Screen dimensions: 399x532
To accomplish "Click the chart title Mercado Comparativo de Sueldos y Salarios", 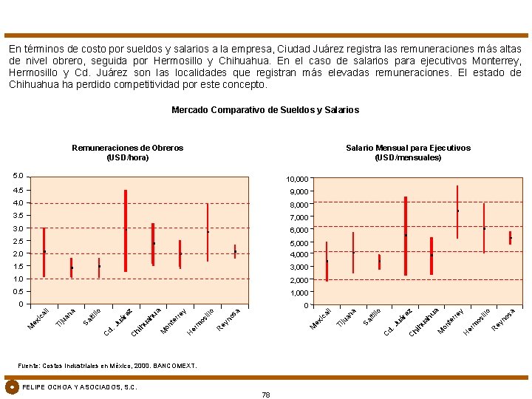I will [265, 110].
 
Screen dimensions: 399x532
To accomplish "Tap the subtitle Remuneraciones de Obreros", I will [128, 148].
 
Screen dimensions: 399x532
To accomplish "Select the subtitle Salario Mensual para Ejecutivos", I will [408, 148].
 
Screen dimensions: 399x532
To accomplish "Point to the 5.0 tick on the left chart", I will [18, 176].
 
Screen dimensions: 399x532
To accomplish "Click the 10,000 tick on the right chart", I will [298, 180].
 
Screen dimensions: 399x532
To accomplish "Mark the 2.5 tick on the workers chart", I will [18, 241].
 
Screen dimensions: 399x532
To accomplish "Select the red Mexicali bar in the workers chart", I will [44, 252].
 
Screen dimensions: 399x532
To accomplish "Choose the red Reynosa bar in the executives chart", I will [510, 238].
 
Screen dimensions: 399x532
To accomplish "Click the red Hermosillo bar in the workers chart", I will [208, 232].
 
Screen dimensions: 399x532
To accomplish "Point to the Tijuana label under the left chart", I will [65, 315].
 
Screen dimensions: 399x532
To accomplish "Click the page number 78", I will [266, 395].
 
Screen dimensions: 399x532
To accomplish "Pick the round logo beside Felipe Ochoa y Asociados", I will [12, 387].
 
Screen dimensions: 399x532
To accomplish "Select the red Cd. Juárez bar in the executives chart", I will [406, 236].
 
